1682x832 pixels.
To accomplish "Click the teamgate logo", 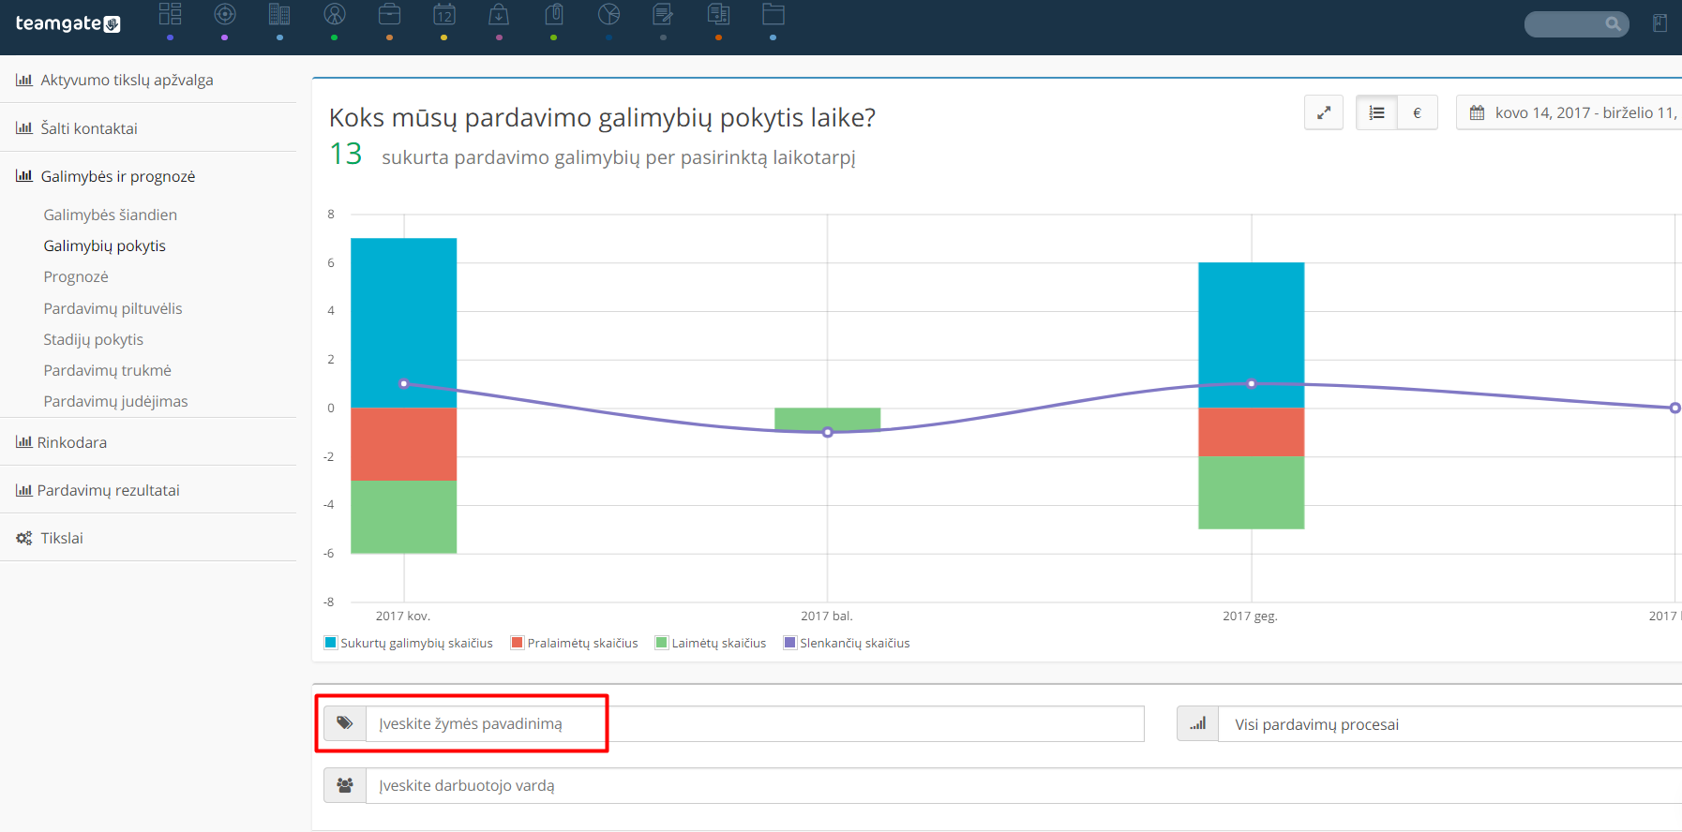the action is tap(68, 23).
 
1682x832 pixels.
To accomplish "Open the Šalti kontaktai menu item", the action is tap(89, 128).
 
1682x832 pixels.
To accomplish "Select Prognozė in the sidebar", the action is tap(76, 276).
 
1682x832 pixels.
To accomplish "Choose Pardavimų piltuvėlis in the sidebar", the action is tap(113, 308).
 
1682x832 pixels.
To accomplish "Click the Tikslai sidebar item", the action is tap(62, 538).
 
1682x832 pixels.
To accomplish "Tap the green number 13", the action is tap(346, 154).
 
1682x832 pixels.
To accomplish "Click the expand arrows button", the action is tap(1324, 112).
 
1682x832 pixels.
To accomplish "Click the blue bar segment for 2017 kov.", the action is tap(404, 322).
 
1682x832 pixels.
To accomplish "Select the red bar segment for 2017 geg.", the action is tap(1252, 432).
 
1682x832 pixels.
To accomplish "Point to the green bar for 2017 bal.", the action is tap(828, 419).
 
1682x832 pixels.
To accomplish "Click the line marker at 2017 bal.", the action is tap(828, 432).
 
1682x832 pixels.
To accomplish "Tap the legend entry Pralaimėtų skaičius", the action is tap(575, 643).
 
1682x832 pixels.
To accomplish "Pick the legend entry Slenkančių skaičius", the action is tap(847, 643).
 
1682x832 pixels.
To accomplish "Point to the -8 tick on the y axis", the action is tap(329, 602).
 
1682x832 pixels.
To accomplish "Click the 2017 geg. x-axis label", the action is tap(1250, 616).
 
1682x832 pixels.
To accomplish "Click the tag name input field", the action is tap(755, 723).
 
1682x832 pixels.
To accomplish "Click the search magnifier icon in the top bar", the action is tap(1613, 24).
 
